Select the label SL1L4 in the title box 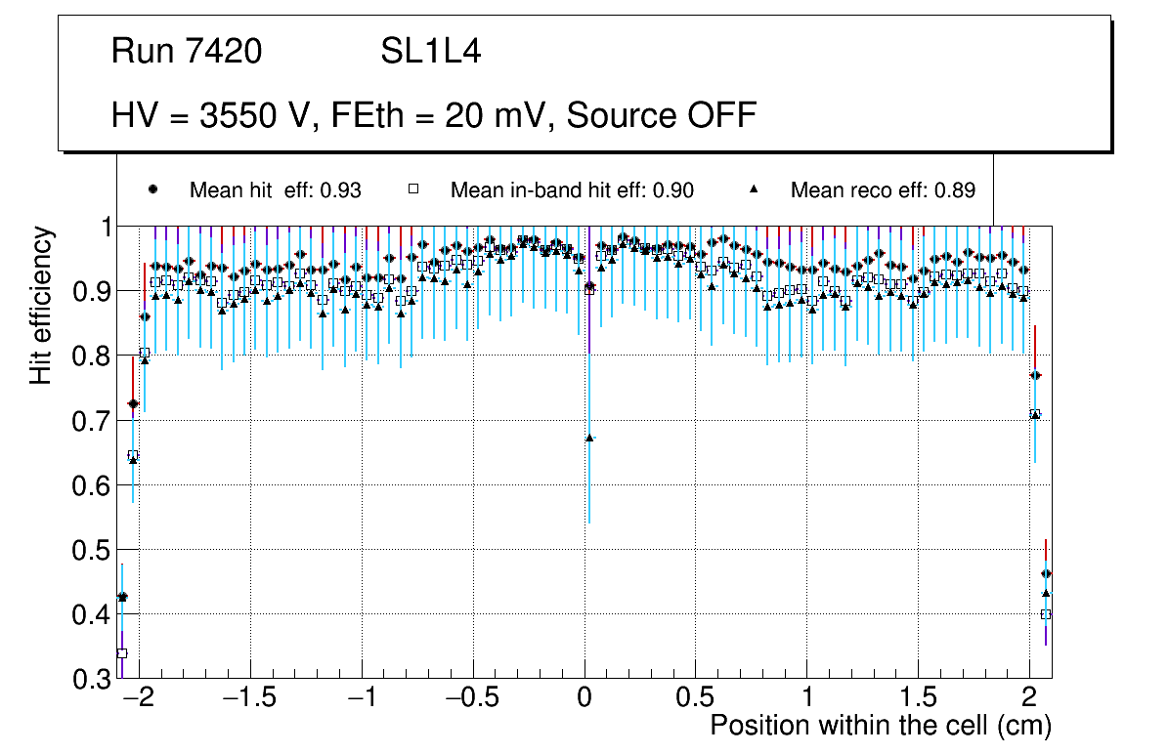[x=431, y=52]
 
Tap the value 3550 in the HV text [x=236, y=115]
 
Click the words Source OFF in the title [x=662, y=115]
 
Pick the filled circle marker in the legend [x=152, y=189]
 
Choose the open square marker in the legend [x=413, y=189]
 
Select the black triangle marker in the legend [x=754, y=189]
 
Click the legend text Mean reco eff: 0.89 [x=883, y=190]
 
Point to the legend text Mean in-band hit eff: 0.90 [x=572, y=190]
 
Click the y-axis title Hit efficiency [x=41, y=305]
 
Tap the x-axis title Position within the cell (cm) [x=880, y=726]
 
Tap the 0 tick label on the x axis [x=584, y=699]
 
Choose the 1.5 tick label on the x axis [x=918, y=699]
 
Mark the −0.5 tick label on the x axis [x=471, y=699]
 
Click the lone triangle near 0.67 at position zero [x=589, y=438]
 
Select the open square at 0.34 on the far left [x=122, y=653]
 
